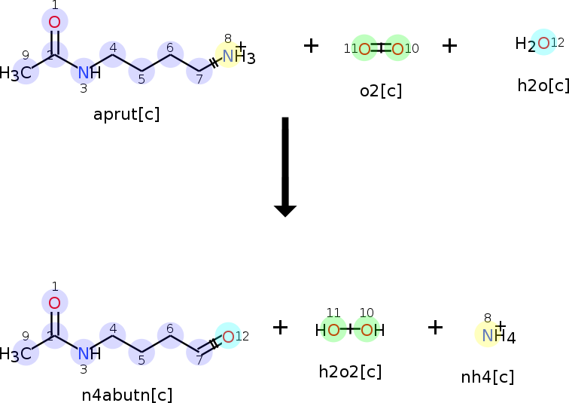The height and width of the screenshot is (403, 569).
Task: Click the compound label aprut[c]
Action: (x=126, y=114)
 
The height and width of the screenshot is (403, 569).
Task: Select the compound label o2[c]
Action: (x=381, y=91)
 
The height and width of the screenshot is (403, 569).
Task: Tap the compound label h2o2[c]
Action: (x=350, y=371)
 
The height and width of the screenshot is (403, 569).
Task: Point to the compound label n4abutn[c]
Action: (x=126, y=395)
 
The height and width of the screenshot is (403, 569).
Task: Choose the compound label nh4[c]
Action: (x=488, y=377)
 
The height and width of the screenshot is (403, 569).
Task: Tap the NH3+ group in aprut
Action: (x=236, y=56)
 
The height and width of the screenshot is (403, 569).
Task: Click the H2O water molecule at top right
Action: (x=536, y=44)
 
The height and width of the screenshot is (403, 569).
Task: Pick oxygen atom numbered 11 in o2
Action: (x=364, y=50)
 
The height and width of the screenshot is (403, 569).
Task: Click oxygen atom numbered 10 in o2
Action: (x=397, y=50)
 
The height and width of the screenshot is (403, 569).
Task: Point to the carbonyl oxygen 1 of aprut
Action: (x=54, y=22)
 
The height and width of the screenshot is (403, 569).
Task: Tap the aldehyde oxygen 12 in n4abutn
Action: (x=228, y=336)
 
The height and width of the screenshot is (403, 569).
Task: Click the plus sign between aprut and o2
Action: (x=311, y=46)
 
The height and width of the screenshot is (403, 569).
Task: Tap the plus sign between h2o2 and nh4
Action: (x=436, y=327)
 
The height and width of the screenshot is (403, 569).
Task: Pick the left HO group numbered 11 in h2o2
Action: (x=328, y=330)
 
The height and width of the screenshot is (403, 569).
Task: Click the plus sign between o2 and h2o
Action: (x=449, y=46)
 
